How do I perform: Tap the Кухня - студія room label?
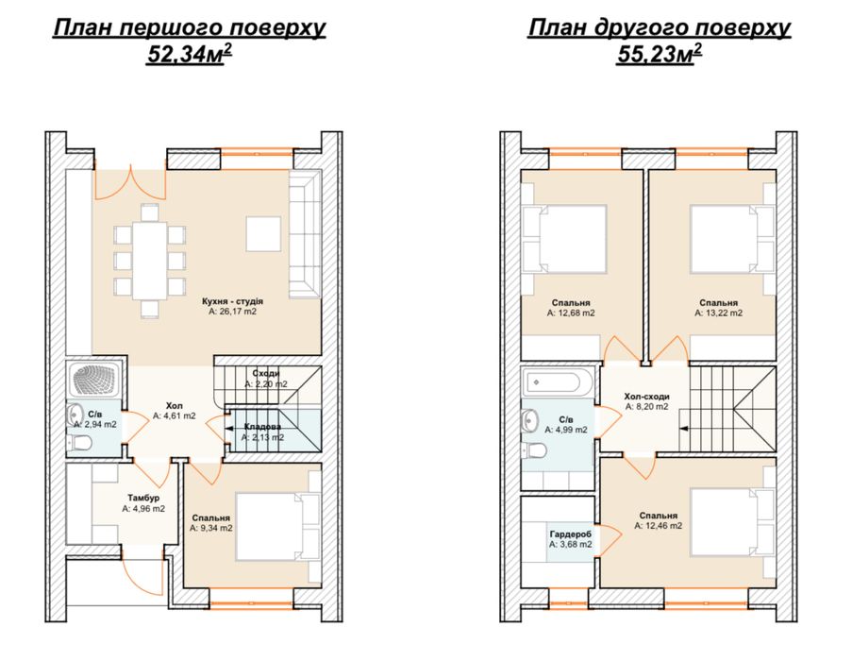click(232, 301)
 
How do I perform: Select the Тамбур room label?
click(143, 498)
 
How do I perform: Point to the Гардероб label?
click(571, 534)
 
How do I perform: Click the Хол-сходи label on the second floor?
click(646, 397)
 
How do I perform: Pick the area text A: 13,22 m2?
click(718, 314)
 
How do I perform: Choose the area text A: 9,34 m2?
click(210, 528)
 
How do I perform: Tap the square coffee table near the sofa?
click(263, 234)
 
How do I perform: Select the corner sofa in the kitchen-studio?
click(304, 234)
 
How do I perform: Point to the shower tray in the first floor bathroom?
click(96, 379)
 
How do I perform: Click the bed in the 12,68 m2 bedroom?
click(571, 239)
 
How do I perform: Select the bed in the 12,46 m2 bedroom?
click(724, 522)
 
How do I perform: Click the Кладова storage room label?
click(262, 427)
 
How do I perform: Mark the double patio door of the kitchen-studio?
click(130, 181)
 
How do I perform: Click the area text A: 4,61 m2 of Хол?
click(174, 415)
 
